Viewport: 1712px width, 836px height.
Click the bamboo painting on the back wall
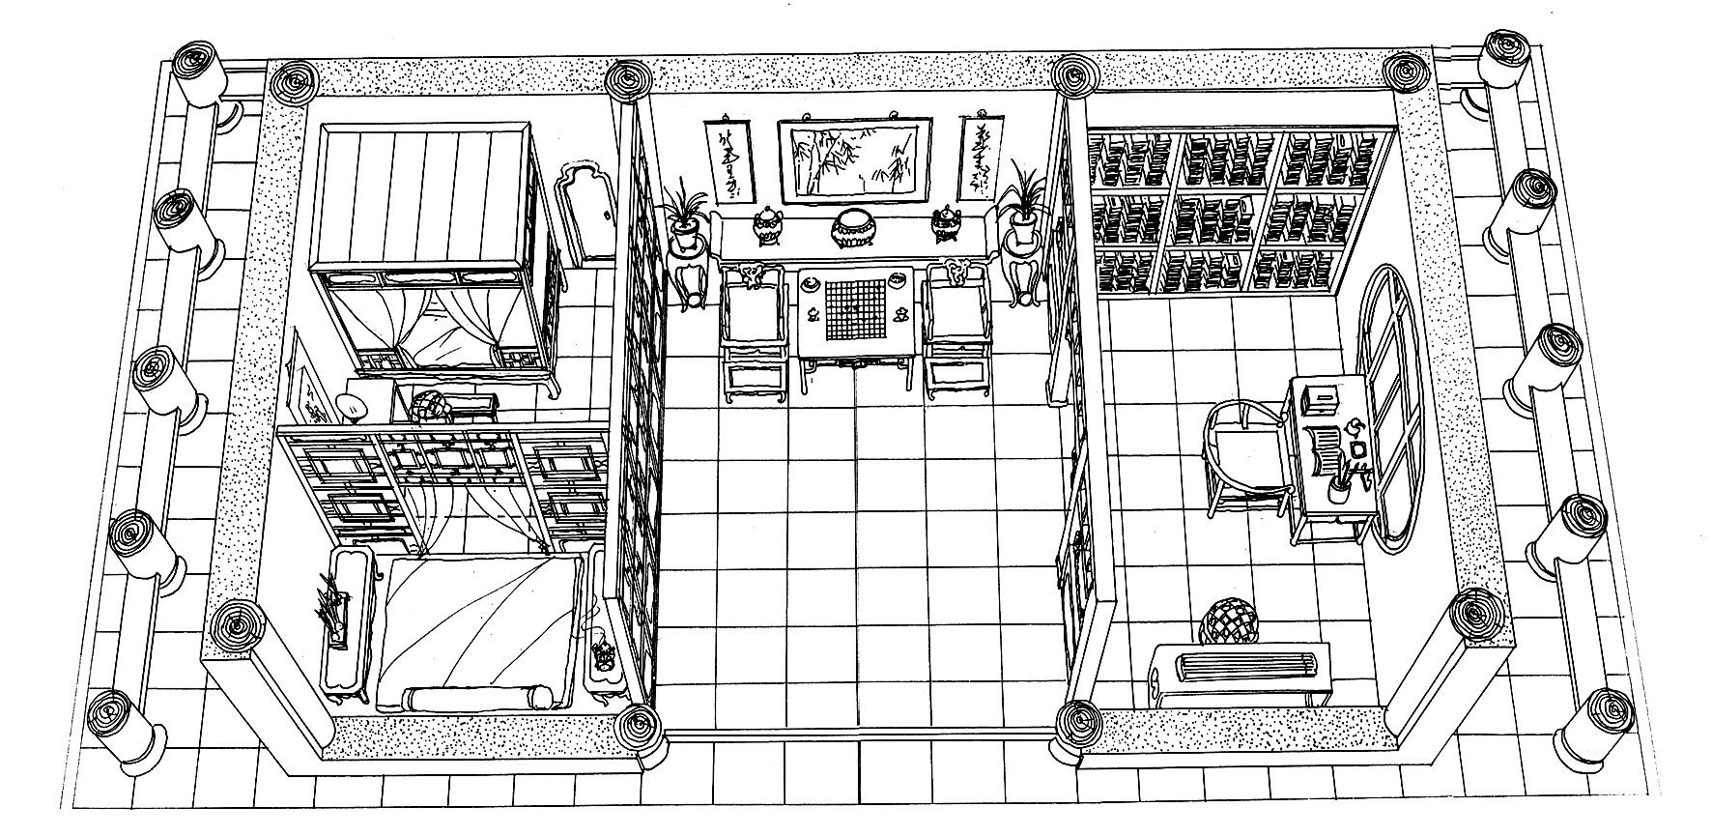click(854, 160)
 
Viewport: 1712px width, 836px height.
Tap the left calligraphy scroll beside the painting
click(726, 159)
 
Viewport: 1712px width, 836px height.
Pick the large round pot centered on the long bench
click(853, 229)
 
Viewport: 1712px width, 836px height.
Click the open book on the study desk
click(1325, 449)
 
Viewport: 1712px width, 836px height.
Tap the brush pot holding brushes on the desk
click(1338, 489)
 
